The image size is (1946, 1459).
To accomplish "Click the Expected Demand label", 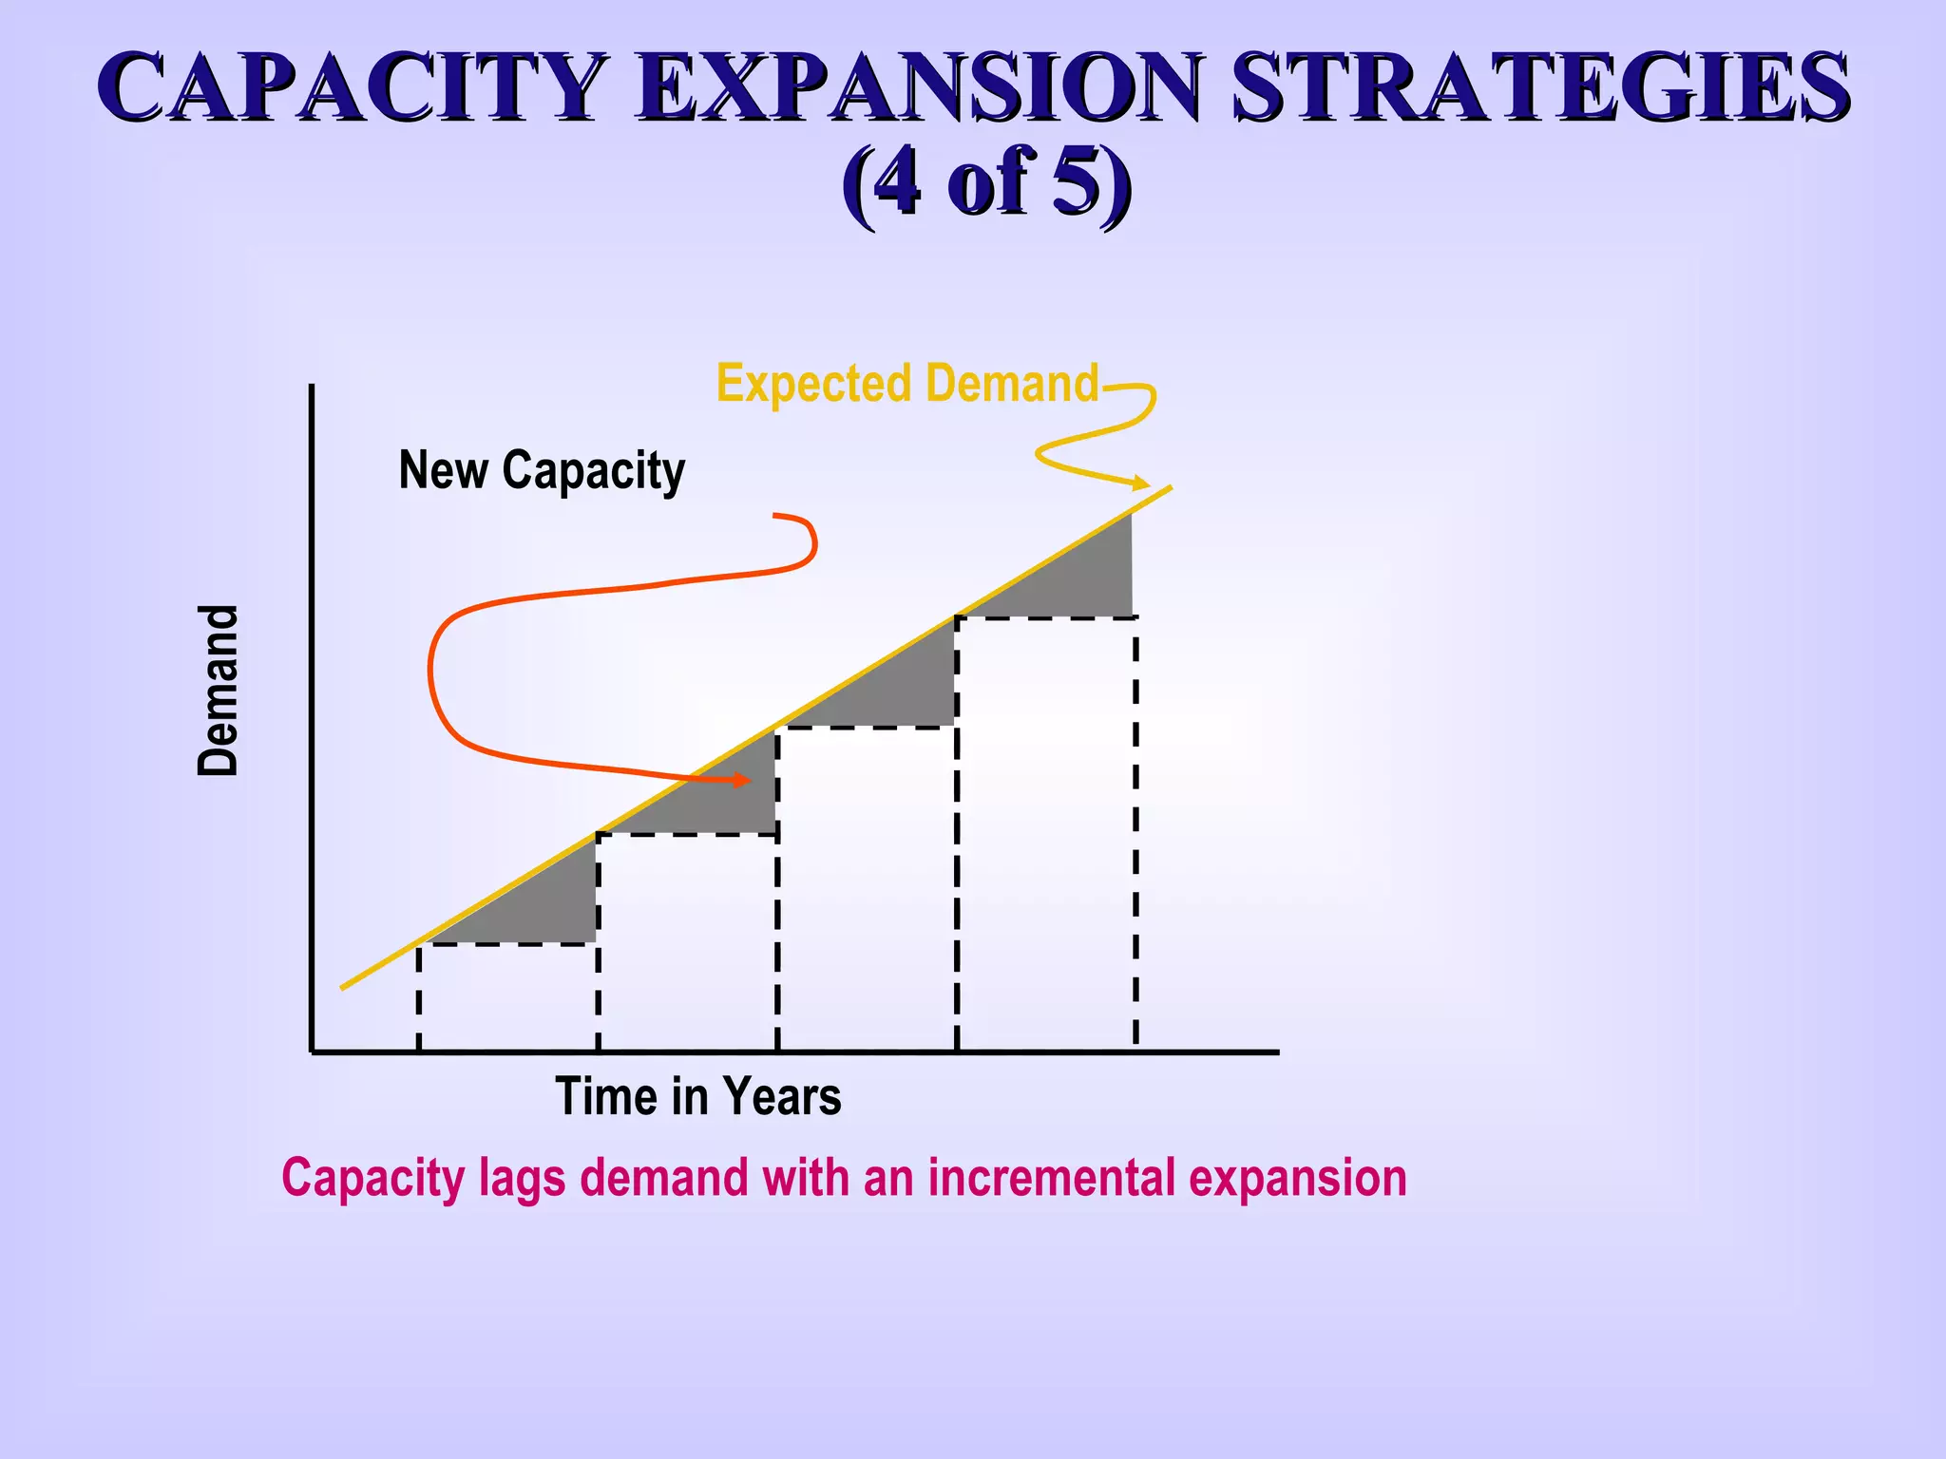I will point(906,384).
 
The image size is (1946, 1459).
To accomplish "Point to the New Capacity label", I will point(542,470).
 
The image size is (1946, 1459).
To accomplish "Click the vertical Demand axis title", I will point(219,691).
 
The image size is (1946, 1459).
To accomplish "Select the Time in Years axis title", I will point(697,1096).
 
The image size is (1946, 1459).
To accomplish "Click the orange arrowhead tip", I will point(748,781).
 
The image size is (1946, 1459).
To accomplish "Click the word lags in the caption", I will point(519,1178).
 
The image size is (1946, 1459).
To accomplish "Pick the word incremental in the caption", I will point(1053,1178).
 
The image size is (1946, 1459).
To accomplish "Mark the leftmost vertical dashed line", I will point(418,997).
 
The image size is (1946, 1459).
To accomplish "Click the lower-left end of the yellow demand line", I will point(344,987).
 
